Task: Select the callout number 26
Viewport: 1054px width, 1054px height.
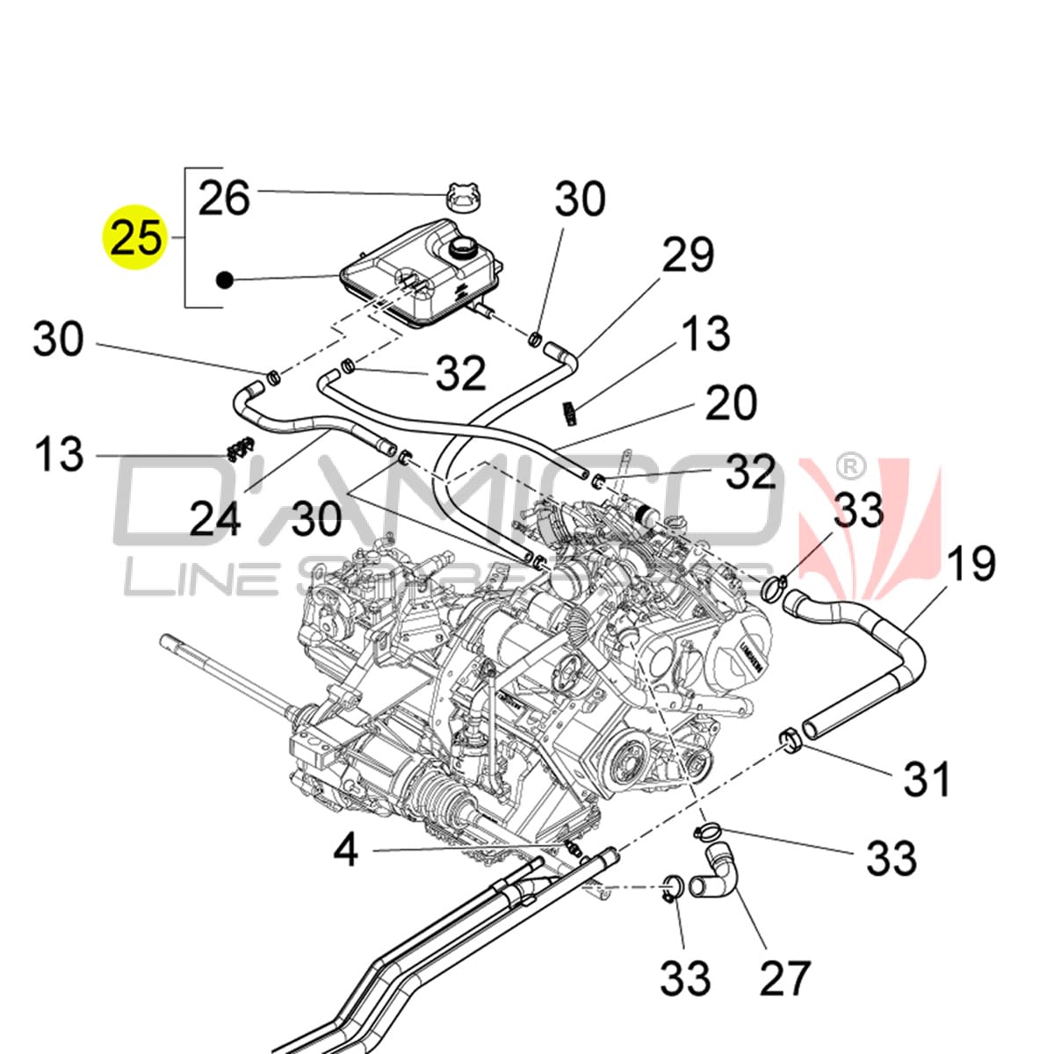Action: [x=224, y=198]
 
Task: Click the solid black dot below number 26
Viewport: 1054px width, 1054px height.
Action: [x=224, y=280]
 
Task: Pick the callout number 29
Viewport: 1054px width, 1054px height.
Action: [x=688, y=255]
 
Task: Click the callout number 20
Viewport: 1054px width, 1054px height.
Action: [x=730, y=402]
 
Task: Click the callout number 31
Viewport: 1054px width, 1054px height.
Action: [x=928, y=778]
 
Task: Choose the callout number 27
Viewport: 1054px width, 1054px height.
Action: [x=785, y=978]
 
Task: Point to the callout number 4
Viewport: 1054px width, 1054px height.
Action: [x=346, y=849]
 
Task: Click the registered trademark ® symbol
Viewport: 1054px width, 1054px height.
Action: [x=852, y=464]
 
